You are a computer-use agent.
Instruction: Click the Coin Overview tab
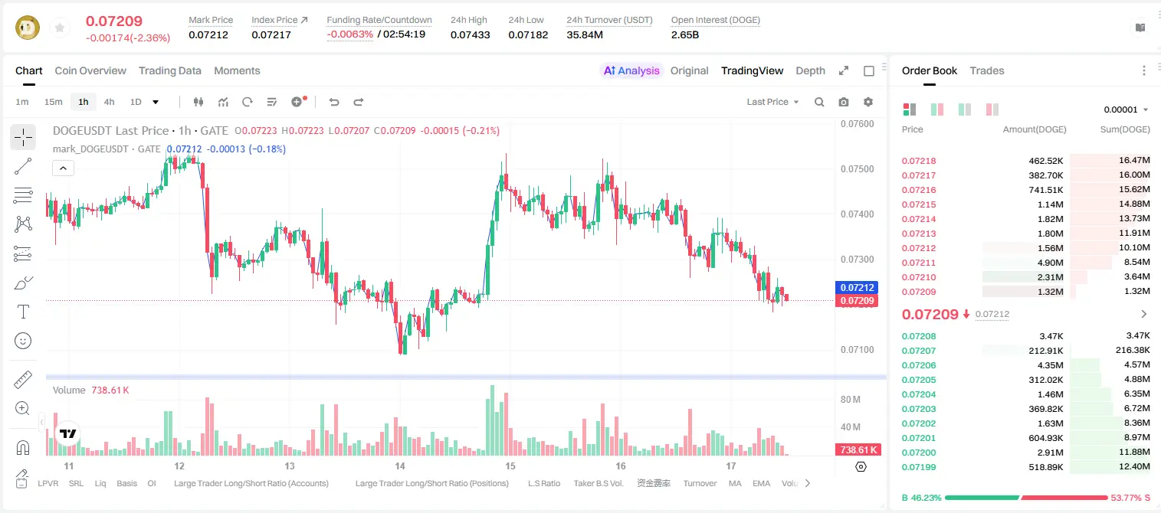click(90, 70)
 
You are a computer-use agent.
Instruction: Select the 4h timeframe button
click(109, 102)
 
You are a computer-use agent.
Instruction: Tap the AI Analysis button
click(631, 70)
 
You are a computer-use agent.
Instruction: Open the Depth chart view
click(810, 70)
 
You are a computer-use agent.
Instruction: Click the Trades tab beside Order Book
click(987, 70)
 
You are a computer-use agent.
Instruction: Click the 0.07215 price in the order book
click(919, 204)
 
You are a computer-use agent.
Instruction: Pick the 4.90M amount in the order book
click(1050, 263)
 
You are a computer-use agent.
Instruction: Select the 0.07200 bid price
click(919, 453)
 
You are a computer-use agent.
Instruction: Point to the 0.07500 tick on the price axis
click(858, 169)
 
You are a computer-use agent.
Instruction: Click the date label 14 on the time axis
click(399, 466)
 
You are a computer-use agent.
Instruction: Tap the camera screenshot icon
click(844, 102)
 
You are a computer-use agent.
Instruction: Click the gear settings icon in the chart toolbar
click(868, 102)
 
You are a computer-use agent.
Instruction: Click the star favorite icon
click(60, 28)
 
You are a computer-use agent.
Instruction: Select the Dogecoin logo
click(28, 28)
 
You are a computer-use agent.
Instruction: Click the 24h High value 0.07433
click(470, 34)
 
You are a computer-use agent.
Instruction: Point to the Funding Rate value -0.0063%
click(350, 34)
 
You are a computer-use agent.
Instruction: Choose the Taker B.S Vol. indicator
click(598, 483)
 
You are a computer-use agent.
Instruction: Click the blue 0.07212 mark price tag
click(857, 287)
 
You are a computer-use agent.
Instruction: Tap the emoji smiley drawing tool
click(23, 341)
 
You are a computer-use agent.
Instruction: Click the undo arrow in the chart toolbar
click(334, 102)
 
